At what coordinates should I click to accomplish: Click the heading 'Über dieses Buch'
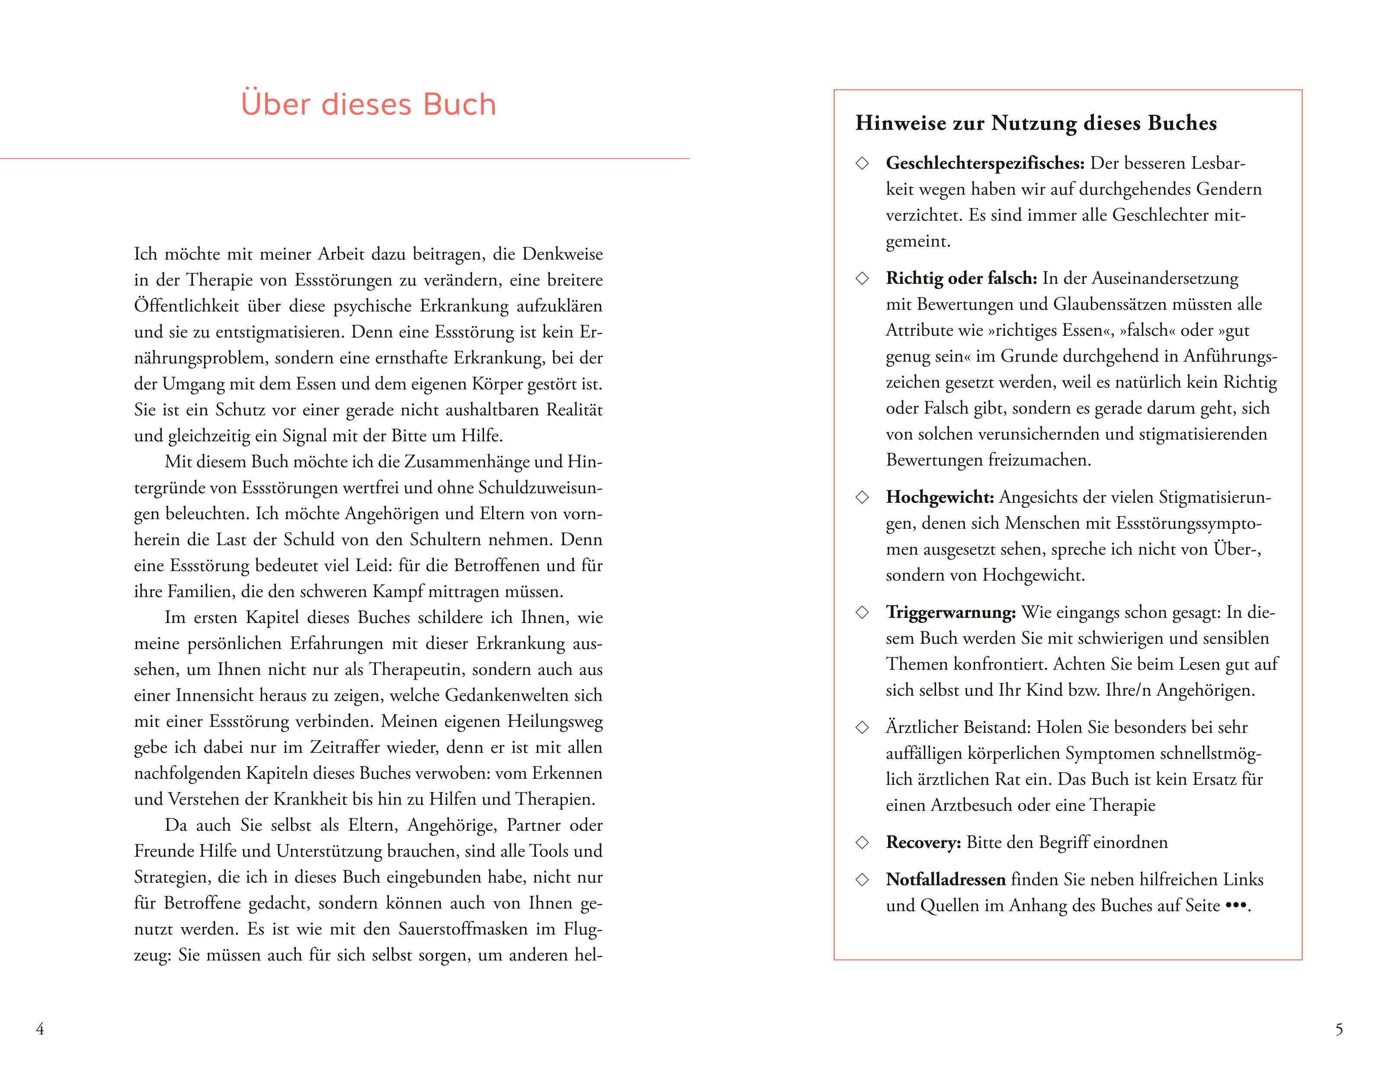[368, 104]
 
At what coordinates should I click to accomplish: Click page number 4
[40, 1029]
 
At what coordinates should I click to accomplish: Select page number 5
[1339, 1029]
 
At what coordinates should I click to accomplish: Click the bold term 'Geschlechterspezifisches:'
[985, 163]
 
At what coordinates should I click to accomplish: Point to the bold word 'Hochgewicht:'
[940, 497]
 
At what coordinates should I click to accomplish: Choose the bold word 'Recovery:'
[923, 842]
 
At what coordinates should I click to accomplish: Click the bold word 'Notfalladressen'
[945, 879]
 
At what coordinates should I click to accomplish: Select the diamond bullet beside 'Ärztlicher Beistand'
[862, 728]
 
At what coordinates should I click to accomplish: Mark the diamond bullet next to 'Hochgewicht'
[862, 498]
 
